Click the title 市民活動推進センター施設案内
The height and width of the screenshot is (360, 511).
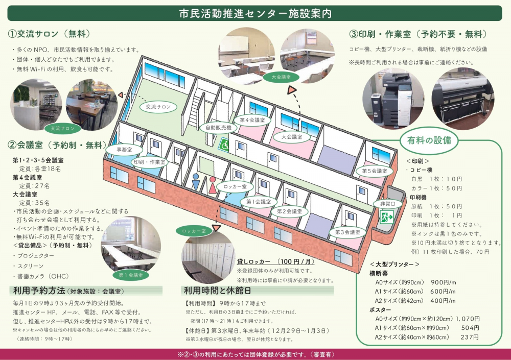point(255,13)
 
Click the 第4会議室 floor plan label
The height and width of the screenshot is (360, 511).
point(252,119)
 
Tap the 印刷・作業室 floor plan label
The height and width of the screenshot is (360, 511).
point(149,162)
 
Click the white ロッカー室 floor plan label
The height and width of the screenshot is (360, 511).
point(235,187)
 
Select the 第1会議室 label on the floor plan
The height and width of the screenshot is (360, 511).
point(258,202)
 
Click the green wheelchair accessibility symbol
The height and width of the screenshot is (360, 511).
point(224,144)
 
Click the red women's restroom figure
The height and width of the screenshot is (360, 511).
point(212,185)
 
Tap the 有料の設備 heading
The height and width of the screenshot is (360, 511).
point(429,140)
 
